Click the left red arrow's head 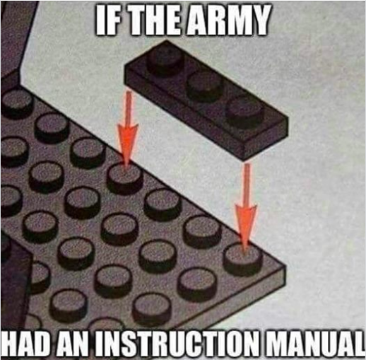[127, 144]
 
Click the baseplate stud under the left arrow [125, 179]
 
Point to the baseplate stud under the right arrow [242, 259]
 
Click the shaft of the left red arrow [128, 108]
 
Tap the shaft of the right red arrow [247, 185]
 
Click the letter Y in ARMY [260, 20]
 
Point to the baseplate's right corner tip [285, 266]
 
